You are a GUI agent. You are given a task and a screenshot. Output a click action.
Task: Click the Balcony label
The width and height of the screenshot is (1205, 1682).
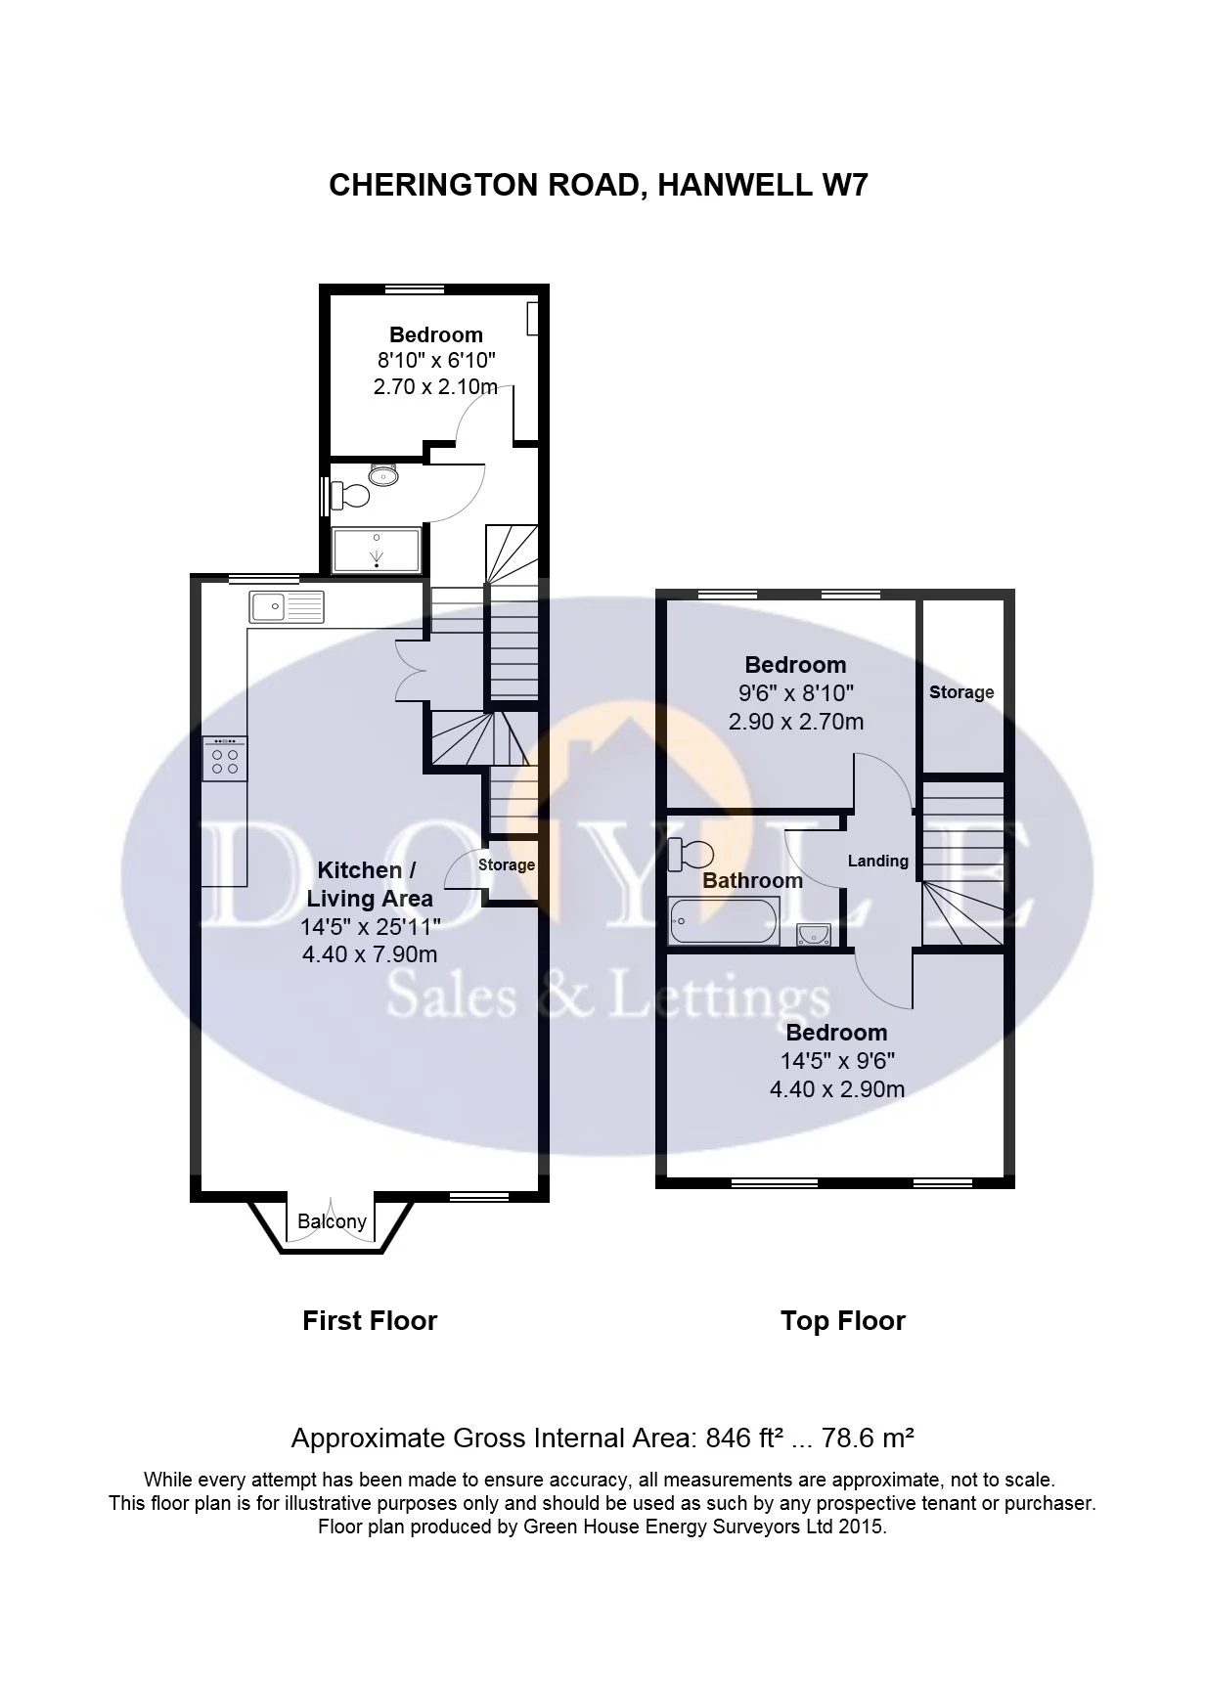point(332,1221)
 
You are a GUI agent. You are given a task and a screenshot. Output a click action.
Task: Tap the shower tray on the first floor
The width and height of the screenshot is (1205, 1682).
point(377,550)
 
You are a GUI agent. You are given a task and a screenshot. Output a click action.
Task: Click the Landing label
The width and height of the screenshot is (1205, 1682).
point(877,861)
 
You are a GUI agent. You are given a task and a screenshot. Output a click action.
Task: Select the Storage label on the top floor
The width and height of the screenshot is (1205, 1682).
point(960,692)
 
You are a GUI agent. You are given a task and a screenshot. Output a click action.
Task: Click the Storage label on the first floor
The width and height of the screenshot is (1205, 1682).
point(506,864)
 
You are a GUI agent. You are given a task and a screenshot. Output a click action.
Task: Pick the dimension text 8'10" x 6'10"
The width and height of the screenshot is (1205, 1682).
point(435,361)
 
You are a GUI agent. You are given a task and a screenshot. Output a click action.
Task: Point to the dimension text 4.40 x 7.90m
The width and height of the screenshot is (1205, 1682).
point(370,953)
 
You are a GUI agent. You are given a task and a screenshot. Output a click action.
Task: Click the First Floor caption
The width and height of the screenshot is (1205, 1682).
point(370,1321)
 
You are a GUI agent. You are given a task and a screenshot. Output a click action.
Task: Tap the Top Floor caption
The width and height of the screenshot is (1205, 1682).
point(842,1321)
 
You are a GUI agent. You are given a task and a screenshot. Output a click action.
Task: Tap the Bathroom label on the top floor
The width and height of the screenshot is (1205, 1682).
point(752,880)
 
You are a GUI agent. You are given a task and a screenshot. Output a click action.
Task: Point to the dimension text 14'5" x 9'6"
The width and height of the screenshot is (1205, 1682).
point(836,1061)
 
